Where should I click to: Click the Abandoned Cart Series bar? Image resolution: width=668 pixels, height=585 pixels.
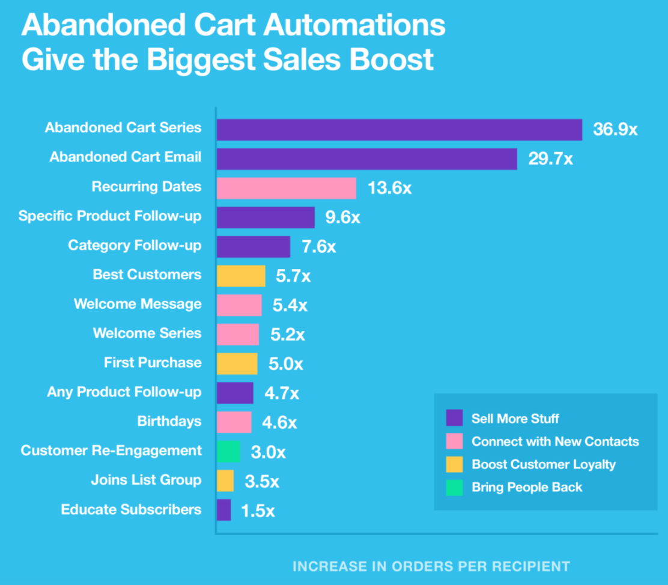pyautogui.click(x=399, y=130)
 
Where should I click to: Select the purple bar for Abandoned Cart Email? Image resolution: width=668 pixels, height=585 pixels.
pyautogui.click(x=366, y=159)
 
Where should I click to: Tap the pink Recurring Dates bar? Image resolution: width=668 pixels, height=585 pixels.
pyautogui.click(x=286, y=188)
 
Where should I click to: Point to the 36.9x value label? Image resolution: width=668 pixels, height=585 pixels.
pyautogui.click(x=615, y=130)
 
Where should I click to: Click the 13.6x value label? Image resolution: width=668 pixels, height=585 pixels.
pyautogui.click(x=389, y=188)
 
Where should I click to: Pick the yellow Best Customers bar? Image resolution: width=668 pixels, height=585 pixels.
pyautogui.click(x=240, y=276)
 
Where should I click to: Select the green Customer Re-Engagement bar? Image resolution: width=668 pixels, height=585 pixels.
pyautogui.click(x=228, y=451)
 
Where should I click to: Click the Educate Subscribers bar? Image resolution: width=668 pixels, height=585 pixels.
pyautogui.click(x=223, y=510)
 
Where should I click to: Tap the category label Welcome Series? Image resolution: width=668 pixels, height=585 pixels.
pyautogui.click(x=147, y=333)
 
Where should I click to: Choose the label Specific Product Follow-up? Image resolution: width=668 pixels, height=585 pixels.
pyautogui.click(x=110, y=216)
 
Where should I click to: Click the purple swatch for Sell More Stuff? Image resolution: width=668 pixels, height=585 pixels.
pyautogui.click(x=455, y=418)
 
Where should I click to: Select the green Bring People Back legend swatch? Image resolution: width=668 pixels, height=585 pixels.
pyautogui.click(x=455, y=487)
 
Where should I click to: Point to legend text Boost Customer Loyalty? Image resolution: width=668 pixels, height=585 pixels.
pyautogui.click(x=544, y=464)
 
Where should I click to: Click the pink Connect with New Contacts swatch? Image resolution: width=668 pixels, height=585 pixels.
pyautogui.click(x=455, y=441)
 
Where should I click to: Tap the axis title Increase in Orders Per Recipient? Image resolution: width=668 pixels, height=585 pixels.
pyautogui.click(x=431, y=566)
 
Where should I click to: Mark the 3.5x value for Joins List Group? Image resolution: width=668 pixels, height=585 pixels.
pyautogui.click(x=262, y=481)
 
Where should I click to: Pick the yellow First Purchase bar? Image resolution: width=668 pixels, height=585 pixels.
pyautogui.click(x=237, y=364)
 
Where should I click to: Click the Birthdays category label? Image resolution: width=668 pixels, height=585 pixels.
pyautogui.click(x=169, y=421)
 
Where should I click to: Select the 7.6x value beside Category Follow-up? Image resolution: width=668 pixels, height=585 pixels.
pyautogui.click(x=318, y=247)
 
